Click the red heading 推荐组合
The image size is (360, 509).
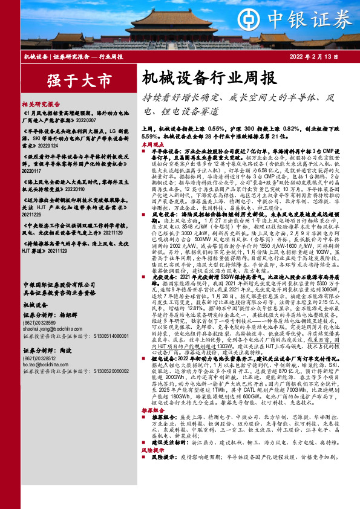pyautogui.click(x=153, y=409)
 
